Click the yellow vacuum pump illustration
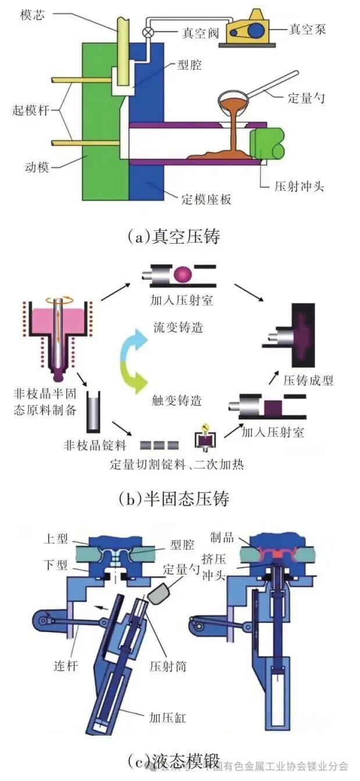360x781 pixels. click(248, 27)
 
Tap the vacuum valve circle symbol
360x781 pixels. click(149, 32)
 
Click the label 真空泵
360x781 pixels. click(308, 29)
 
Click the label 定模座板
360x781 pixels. click(206, 199)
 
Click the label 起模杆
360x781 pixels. click(33, 109)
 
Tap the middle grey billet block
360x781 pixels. click(159, 445)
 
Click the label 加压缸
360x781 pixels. click(167, 718)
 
